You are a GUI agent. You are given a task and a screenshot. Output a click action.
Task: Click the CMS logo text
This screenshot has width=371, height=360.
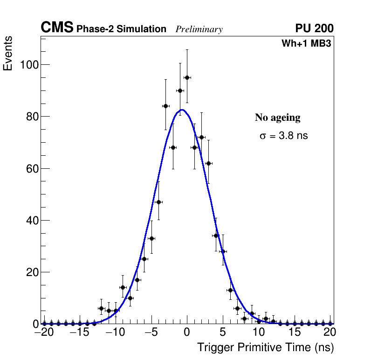tap(57, 28)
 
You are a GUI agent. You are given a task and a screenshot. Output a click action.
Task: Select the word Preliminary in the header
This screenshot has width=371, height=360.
tap(199, 29)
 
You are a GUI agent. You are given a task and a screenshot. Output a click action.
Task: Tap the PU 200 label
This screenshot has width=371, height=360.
tap(314, 28)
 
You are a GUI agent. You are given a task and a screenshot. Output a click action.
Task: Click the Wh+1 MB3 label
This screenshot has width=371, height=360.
tap(306, 44)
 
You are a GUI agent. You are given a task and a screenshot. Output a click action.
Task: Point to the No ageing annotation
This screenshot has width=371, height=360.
tap(277, 118)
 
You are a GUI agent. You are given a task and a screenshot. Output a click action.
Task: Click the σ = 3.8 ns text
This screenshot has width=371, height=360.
tap(283, 136)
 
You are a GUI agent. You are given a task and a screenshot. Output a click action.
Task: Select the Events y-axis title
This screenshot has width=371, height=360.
tap(8, 54)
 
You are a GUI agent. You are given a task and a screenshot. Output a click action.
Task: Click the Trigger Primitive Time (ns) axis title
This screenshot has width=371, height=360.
tap(265, 347)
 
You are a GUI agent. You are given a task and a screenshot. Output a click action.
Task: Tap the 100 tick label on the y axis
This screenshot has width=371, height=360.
tap(28, 64)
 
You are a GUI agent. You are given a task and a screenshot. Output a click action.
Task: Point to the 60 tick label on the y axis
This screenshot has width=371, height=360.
tap(31, 168)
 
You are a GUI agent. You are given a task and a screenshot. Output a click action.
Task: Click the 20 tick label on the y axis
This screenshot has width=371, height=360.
tap(31, 272)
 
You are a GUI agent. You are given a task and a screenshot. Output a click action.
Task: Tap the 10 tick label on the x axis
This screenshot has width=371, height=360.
tap(259, 332)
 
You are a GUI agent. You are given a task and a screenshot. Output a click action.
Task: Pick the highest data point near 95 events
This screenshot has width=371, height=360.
tap(187, 77)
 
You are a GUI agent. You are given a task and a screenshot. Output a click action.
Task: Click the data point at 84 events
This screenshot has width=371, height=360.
tap(165, 106)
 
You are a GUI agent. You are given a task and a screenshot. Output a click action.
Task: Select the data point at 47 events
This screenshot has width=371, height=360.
tap(158, 202)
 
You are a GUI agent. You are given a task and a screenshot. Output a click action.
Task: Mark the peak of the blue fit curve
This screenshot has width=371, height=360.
tap(182, 110)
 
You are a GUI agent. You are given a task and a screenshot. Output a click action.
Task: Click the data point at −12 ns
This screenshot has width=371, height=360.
tap(101, 308)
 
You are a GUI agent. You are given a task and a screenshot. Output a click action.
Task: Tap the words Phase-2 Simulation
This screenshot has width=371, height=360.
tap(121, 29)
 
